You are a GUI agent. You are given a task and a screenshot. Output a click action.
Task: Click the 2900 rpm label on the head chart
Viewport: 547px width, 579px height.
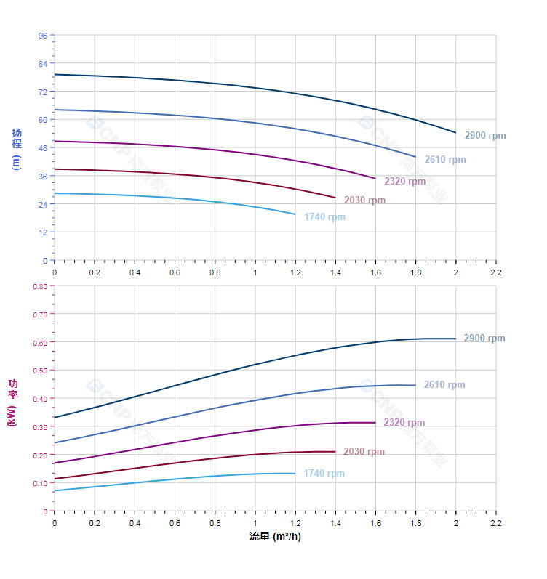[x=484, y=136]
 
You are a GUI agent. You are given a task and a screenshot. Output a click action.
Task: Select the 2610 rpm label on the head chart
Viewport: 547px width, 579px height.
[x=444, y=160]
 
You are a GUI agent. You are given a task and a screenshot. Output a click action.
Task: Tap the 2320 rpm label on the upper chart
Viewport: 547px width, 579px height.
[x=404, y=182]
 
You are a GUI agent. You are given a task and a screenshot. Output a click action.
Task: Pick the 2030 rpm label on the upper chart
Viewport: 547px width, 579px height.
[x=364, y=201]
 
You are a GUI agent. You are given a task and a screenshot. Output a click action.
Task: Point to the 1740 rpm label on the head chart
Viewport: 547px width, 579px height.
[x=324, y=217]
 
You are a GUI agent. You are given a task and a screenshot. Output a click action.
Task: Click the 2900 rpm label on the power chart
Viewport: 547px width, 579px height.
[x=484, y=339]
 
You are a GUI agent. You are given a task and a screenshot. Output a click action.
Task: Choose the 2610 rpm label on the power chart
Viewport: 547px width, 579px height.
[x=444, y=385]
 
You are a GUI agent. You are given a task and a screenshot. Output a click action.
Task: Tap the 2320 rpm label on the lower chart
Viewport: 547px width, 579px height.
[x=404, y=423]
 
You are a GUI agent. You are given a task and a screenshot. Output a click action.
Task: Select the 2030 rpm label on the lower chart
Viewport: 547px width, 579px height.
[x=364, y=452]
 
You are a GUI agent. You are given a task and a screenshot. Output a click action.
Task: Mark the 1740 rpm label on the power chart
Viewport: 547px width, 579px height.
[x=324, y=474]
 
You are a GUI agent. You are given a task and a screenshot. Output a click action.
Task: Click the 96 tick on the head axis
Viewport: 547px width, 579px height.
[x=43, y=36]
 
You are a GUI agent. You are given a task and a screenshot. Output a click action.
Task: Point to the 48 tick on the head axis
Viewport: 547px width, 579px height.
[x=43, y=148]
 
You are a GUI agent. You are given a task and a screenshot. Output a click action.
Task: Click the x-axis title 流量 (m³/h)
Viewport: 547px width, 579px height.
[x=275, y=537]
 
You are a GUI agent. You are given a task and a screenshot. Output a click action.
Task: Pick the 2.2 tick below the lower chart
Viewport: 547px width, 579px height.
[x=495, y=522]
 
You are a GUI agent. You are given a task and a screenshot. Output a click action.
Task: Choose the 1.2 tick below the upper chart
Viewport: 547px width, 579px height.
[x=295, y=272]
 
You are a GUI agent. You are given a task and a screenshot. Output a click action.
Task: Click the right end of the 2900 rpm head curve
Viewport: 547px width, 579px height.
[x=455, y=132]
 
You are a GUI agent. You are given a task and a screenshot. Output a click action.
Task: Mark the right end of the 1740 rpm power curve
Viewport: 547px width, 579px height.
[x=295, y=474]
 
